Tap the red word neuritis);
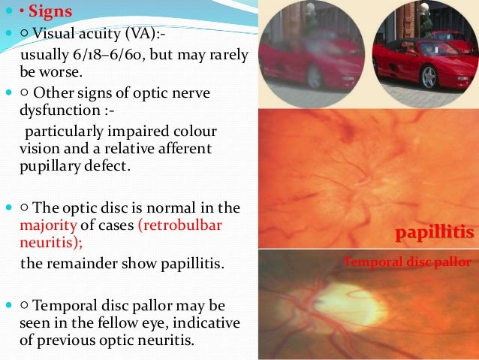coord(44,243)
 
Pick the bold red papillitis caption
coord(435,234)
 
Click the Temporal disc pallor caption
coord(407,262)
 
